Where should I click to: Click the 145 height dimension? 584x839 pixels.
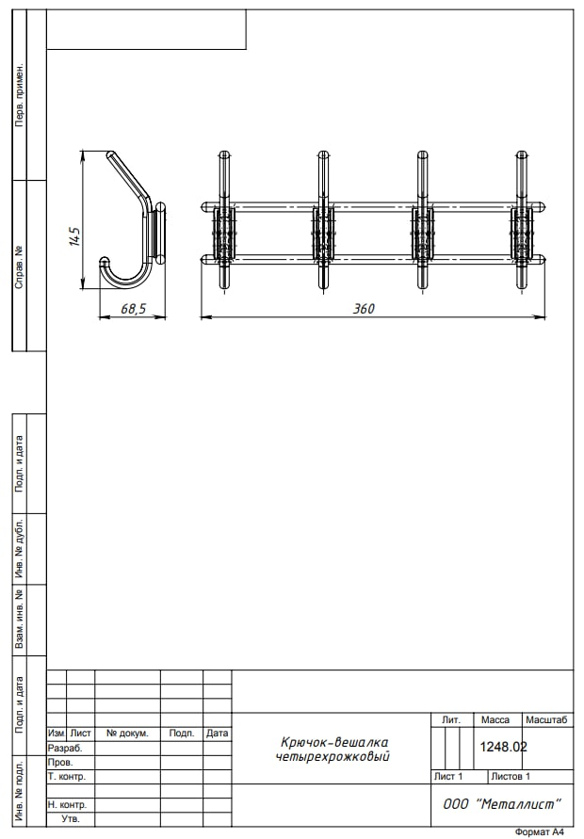75,236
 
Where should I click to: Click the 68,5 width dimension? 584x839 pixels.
134,309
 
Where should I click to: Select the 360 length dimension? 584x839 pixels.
364,309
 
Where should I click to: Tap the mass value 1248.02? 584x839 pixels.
503,747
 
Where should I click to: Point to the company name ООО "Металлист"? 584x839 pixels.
502,803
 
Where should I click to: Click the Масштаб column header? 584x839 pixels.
546,719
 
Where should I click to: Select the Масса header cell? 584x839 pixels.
495,719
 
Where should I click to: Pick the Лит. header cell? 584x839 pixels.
451,719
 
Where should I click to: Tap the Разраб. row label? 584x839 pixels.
65,748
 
